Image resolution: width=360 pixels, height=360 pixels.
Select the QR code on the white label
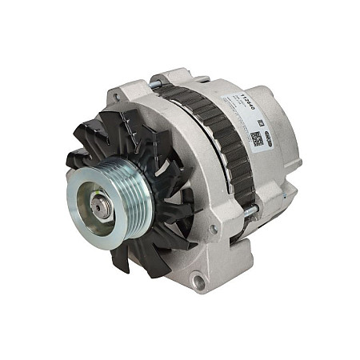(256, 138)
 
